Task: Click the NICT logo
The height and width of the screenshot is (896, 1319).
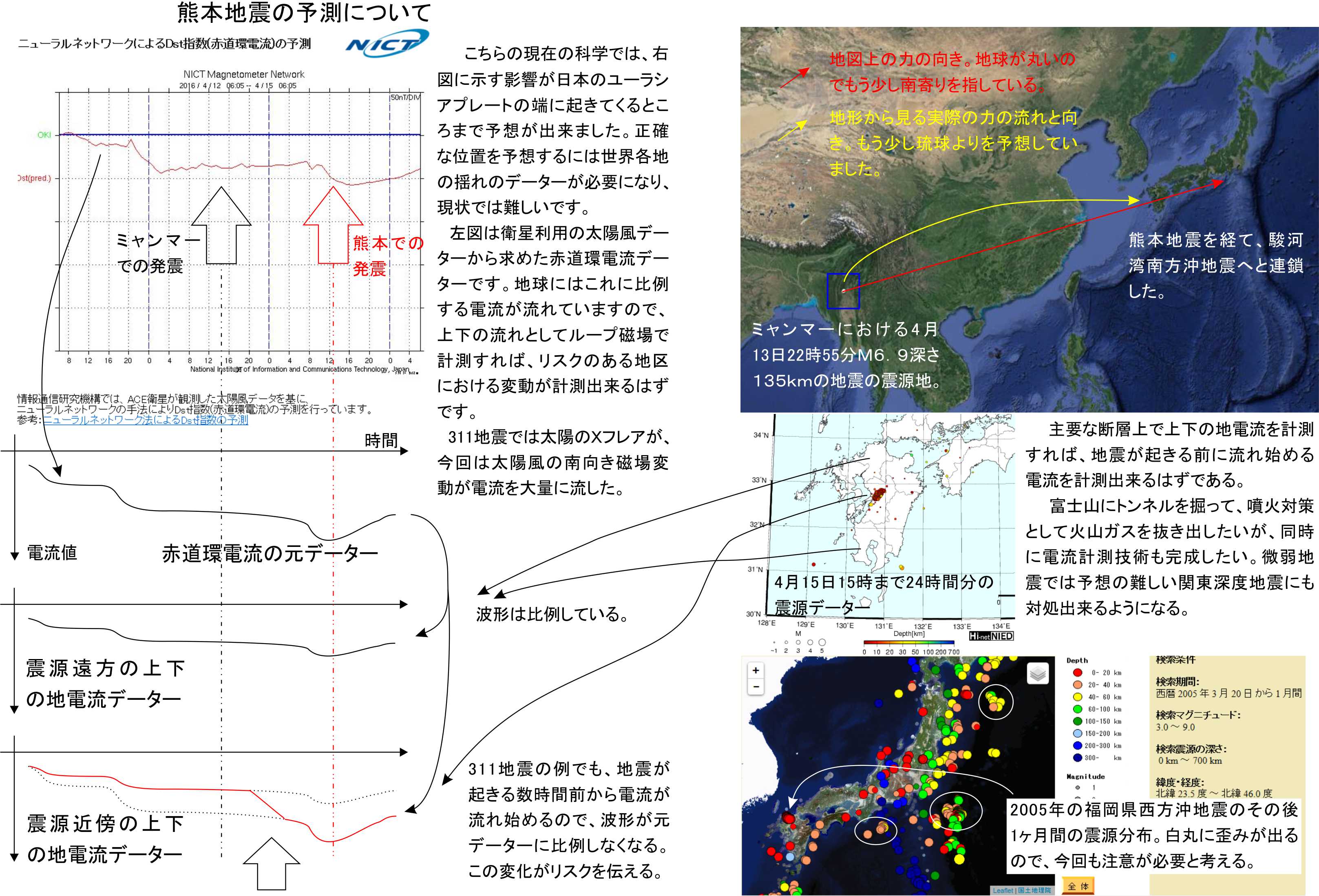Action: point(387,44)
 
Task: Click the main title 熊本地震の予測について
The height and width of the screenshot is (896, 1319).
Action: point(304,13)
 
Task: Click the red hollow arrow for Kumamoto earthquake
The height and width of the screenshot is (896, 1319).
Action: point(333,226)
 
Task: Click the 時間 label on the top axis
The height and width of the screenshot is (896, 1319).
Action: point(381,440)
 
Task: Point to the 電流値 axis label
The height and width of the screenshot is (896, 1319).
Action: point(52,553)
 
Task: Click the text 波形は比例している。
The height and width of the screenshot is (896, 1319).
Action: point(552,614)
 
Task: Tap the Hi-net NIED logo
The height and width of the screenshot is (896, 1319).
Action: point(991,636)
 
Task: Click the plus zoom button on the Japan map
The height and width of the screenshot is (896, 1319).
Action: point(756,670)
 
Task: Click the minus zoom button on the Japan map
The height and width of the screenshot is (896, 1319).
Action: point(756,686)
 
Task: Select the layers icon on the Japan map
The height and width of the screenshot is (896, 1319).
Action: point(1038,675)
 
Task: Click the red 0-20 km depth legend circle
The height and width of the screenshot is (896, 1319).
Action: point(1077,672)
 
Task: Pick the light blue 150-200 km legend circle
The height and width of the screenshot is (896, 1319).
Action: point(1077,733)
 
